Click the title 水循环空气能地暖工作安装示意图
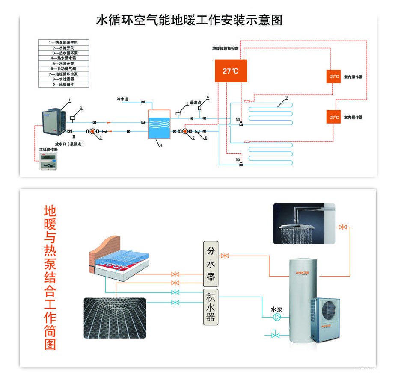pos(190,20)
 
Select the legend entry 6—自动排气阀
pos(64,68)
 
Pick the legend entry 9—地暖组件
pos(64,85)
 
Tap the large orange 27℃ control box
pos(231,71)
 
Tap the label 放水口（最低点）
pos(69,144)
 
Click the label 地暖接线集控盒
pos(226,49)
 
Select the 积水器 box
pos(211,307)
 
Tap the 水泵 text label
pos(276,309)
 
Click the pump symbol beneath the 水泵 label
pos(277,317)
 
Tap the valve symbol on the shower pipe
pos(342,227)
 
